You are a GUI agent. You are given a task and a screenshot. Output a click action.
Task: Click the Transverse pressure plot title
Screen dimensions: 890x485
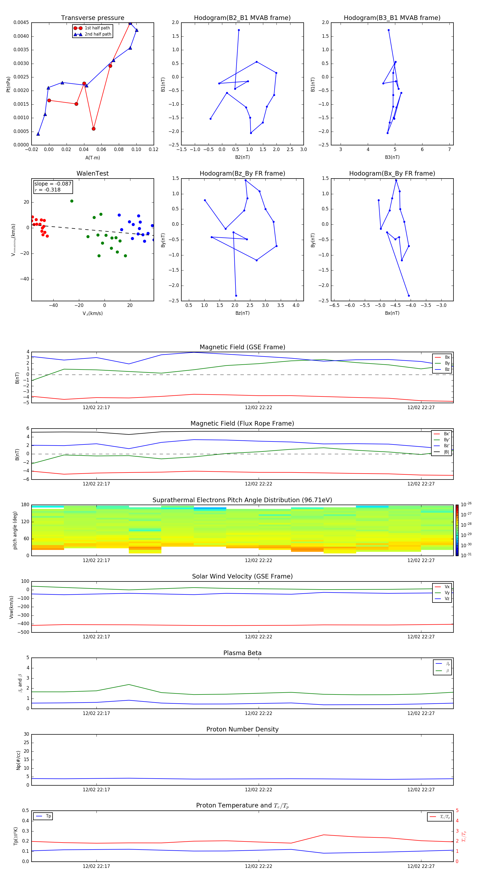[92, 18]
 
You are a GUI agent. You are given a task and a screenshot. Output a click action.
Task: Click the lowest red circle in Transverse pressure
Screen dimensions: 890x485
[93, 129]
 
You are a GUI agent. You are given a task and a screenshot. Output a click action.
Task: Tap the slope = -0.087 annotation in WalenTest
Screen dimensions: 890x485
[53, 184]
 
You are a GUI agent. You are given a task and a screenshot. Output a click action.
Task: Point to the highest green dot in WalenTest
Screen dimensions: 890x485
[72, 201]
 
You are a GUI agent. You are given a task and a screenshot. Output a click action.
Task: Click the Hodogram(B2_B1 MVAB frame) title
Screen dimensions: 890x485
[242, 18]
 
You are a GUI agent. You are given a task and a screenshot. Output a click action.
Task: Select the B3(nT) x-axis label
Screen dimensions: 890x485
[392, 157]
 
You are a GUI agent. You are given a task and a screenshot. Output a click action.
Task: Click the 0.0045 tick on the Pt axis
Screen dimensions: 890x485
[21, 23]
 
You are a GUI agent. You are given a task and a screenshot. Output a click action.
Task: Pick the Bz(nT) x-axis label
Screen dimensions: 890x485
[242, 313]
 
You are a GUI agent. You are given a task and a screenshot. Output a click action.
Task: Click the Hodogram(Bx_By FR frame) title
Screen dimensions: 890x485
[392, 173]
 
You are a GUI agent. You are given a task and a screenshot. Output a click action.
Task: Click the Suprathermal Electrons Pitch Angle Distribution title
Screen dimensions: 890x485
[242, 500]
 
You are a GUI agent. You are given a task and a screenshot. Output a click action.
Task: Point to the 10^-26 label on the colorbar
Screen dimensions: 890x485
[466, 504]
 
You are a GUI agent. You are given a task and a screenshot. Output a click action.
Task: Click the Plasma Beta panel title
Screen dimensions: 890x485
[242, 653]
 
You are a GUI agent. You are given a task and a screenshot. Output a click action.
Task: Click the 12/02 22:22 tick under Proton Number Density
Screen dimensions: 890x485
[259, 789]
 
